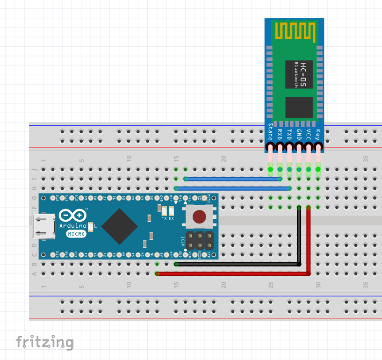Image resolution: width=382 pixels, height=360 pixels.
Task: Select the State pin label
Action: coord(270,131)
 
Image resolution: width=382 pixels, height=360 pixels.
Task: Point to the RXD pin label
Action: coord(280,133)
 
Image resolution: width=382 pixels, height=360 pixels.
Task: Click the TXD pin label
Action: coord(289,133)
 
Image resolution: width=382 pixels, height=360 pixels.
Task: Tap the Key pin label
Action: coord(318,133)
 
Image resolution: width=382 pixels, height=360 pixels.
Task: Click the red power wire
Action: coord(234,274)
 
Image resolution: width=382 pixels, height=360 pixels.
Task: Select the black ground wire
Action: coord(234,264)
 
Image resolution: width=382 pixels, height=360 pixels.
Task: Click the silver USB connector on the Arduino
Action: coord(43,227)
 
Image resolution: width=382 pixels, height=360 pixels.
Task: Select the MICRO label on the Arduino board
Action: coord(75,234)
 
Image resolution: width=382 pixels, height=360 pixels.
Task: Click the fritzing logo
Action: coord(45,342)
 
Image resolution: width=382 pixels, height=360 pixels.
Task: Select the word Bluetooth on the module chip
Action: coord(296,74)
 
